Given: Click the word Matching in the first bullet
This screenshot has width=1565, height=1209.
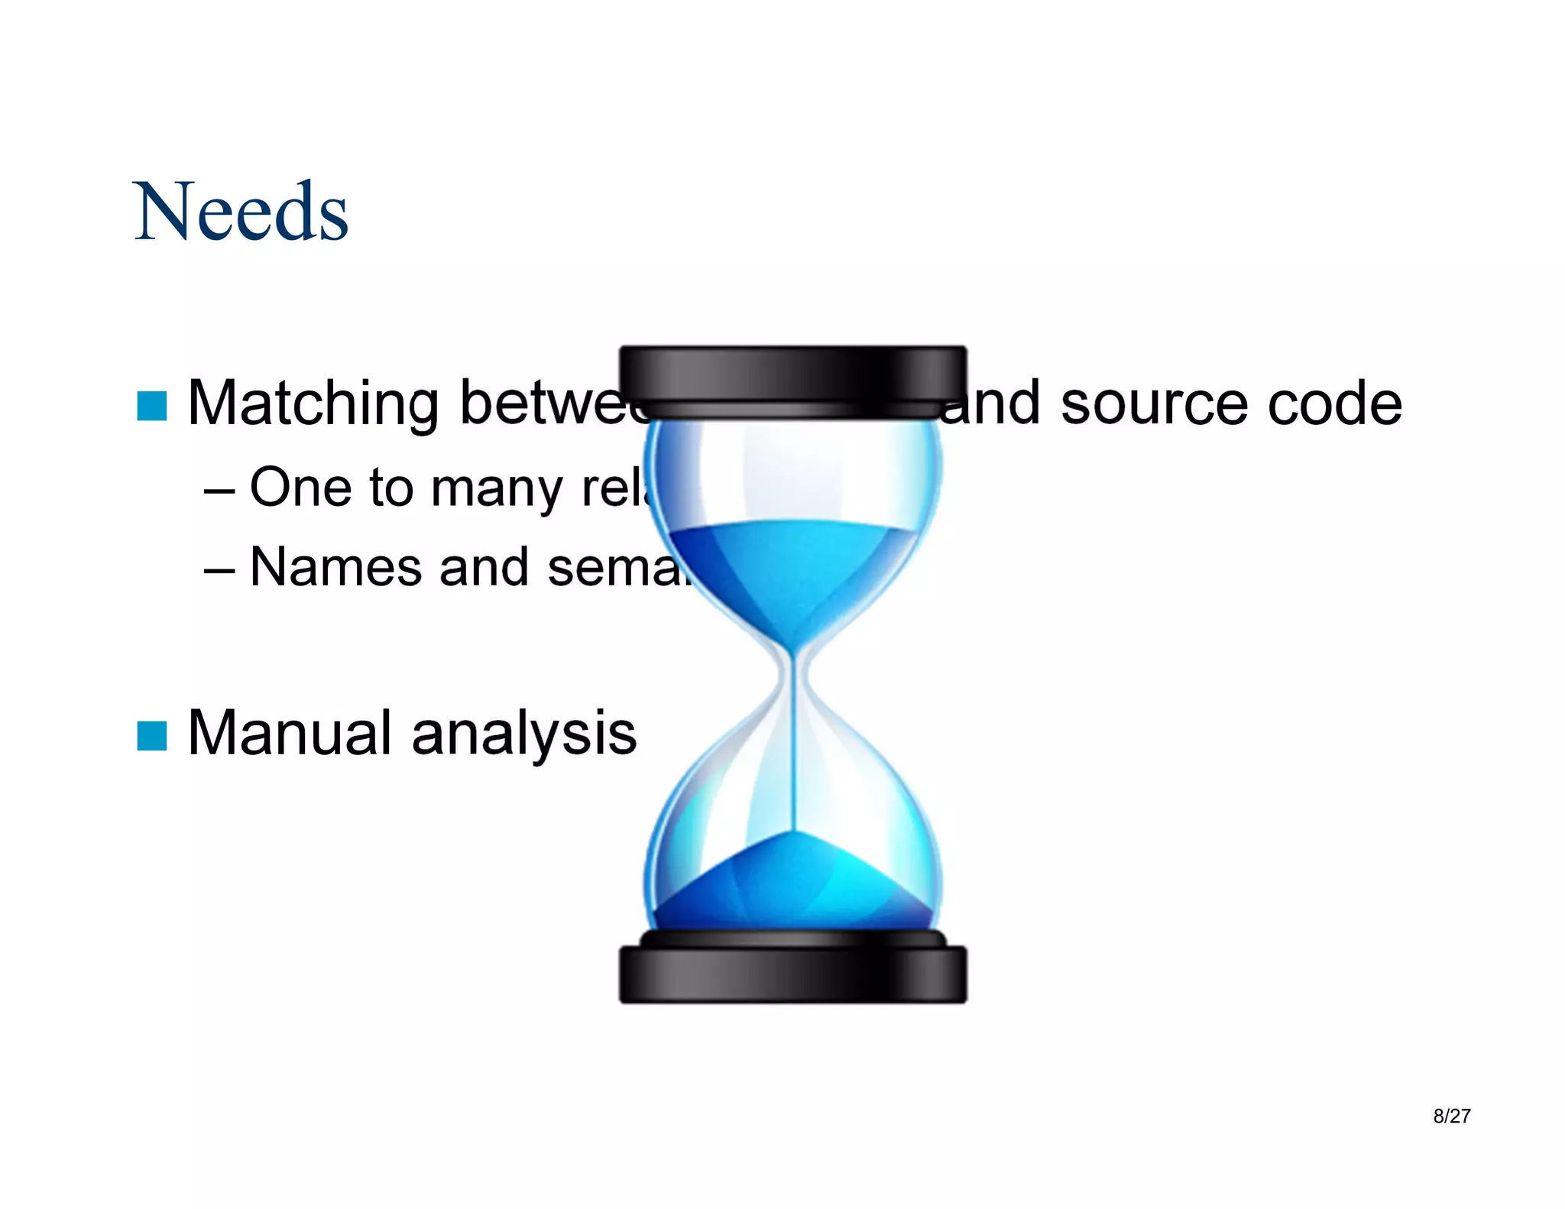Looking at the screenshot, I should click(x=313, y=403).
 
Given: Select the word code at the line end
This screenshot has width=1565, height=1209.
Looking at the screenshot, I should click(x=1334, y=403).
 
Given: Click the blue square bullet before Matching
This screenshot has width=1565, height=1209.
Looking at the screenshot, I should click(x=151, y=406).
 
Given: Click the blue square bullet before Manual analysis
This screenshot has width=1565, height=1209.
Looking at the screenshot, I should click(x=151, y=736).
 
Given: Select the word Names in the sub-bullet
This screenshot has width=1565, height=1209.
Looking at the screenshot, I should click(x=335, y=567).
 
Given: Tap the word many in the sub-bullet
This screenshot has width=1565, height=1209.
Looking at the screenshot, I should click(x=496, y=488).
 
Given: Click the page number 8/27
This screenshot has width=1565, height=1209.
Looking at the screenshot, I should click(x=1451, y=1116).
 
